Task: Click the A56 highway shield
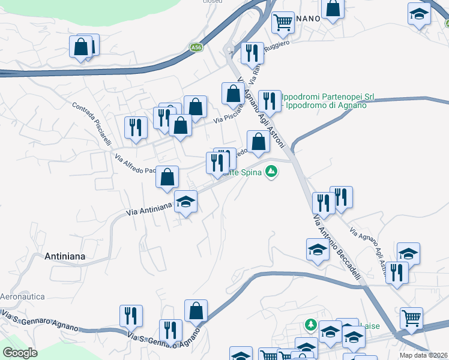pyautogui.click(x=196, y=47)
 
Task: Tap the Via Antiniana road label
pyautogui.click(x=149, y=209)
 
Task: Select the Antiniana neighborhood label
pyautogui.click(x=65, y=256)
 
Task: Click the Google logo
pyautogui.click(x=20, y=353)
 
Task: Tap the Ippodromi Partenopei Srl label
pyautogui.click(x=327, y=96)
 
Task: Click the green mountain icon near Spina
pyautogui.click(x=272, y=172)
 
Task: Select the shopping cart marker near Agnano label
pyautogui.click(x=283, y=22)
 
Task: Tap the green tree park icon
pyautogui.click(x=310, y=325)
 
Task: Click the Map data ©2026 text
pyautogui.click(x=423, y=355)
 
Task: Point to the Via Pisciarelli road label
pyautogui.click(x=229, y=112)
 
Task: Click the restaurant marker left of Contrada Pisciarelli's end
pyautogui.click(x=136, y=127)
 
